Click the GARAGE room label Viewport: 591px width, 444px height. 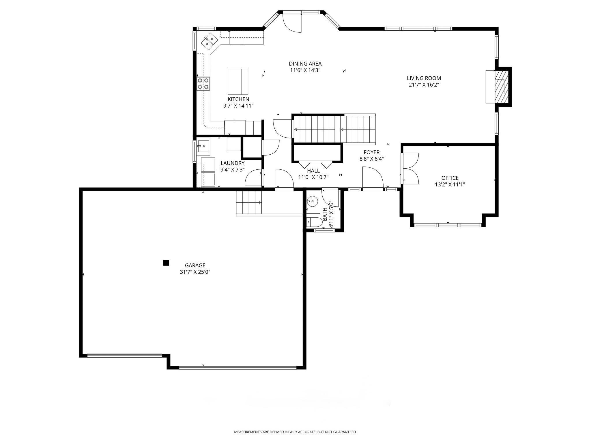[x=195, y=265]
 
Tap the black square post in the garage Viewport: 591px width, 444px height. [x=166, y=263]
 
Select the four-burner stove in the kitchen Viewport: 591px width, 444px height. [x=203, y=84]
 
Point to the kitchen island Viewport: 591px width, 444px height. [x=238, y=82]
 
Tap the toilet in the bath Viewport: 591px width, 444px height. [x=314, y=222]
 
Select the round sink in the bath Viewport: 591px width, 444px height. [x=312, y=200]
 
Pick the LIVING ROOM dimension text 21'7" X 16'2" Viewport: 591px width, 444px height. [x=424, y=85]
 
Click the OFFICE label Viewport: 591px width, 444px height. [x=450, y=178]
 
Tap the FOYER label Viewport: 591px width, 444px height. [x=372, y=152]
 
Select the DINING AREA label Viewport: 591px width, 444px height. [x=305, y=64]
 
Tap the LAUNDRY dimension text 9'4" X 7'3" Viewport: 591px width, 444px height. [x=233, y=170]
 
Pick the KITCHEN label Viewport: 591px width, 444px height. [x=238, y=99]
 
